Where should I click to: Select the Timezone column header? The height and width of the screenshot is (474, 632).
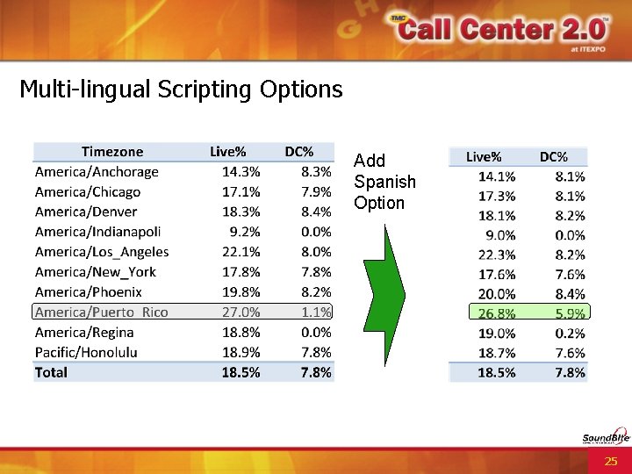coord(112,152)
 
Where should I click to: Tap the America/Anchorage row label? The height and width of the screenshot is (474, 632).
coord(97,172)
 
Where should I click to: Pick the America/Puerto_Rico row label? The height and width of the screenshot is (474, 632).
coord(101,312)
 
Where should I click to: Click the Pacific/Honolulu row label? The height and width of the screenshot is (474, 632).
coord(86,352)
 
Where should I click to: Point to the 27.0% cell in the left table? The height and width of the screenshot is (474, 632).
coord(241,312)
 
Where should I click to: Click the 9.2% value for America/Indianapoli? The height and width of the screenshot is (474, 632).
coord(244,232)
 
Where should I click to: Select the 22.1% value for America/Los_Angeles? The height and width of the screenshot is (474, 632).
coord(241,252)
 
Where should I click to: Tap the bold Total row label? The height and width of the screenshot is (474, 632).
coord(51,372)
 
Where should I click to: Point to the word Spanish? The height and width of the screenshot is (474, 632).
coord(384,182)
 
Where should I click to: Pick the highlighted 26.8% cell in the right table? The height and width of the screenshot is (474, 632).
coord(497,313)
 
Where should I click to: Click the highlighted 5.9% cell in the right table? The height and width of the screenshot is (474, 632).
coord(570,313)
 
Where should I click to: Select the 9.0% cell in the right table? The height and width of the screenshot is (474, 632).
coord(500,235)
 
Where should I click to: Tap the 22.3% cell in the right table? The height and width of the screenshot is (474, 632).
coord(497,255)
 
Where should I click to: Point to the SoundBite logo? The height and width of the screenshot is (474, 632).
coord(605,439)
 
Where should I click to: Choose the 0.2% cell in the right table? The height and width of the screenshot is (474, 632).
coord(570,334)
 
